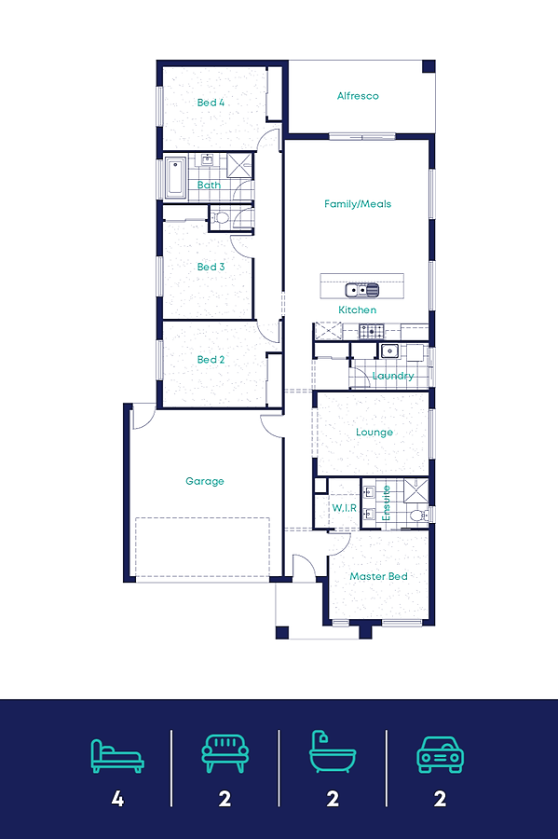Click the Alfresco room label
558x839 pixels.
[358, 96]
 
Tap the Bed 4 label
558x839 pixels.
[211, 103]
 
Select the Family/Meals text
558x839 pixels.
[358, 204]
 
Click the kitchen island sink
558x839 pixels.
[361, 290]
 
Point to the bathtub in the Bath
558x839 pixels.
[175, 177]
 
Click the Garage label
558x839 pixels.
[205, 481]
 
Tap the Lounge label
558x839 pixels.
[374, 432]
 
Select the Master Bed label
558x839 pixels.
[378, 576]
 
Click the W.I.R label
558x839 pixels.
[344, 508]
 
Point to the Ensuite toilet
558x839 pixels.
[418, 516]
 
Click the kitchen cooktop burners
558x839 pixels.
[371, 331]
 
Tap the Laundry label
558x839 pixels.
[393, 376]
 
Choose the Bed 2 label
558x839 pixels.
[211, 360]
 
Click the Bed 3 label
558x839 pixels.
[211, 267]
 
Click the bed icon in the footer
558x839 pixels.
[117, 755]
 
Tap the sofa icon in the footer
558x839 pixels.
[225, 753]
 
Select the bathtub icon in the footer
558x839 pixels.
[333, 751]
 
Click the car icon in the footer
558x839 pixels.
[440, 754]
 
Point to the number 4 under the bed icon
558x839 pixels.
[117, 799]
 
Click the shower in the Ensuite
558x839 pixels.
[415, 491]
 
